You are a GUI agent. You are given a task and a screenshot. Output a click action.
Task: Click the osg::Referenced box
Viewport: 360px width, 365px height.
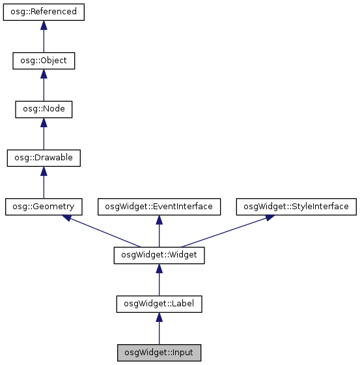tap(44, 12)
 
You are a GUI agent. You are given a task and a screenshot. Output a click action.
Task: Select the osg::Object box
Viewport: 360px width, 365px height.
tap(44, 61)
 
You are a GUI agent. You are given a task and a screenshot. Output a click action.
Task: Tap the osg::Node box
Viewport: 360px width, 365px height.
tap(44, 109)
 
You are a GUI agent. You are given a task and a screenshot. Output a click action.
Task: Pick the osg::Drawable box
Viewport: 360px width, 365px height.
tap(44, 158)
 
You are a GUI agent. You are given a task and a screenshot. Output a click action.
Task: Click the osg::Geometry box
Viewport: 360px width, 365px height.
tap(44, 207)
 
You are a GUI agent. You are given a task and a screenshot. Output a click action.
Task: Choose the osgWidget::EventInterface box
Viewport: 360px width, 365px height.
tap(159, 207)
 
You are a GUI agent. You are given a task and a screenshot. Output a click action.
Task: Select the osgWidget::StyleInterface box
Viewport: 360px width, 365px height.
tap(296, 207)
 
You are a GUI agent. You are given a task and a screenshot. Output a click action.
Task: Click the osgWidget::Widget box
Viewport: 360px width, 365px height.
tap(159, 255)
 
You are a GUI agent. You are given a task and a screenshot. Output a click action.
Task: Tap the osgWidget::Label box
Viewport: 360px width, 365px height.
tap(159, 304)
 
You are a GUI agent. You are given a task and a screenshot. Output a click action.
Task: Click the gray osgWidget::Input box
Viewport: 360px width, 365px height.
tap(159, 353)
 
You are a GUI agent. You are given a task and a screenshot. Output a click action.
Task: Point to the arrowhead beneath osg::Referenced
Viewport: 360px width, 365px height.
tap(44, 25)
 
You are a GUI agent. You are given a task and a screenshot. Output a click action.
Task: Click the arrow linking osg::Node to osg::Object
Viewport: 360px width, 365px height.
tap(44, 85)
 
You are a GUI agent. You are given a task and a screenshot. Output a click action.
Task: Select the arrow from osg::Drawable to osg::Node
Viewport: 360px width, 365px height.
tap(44, 134)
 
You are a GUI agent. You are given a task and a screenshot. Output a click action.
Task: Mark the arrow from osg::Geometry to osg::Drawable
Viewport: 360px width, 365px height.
tap(44, 182)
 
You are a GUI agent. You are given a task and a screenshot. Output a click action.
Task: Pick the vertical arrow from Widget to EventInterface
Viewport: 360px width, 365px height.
tap(159, 231)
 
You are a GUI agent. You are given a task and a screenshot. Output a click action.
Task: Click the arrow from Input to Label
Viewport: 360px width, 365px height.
tap(159, 328)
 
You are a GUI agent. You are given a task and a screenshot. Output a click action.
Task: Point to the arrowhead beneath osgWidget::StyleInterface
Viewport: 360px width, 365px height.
tap(269, 218)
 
